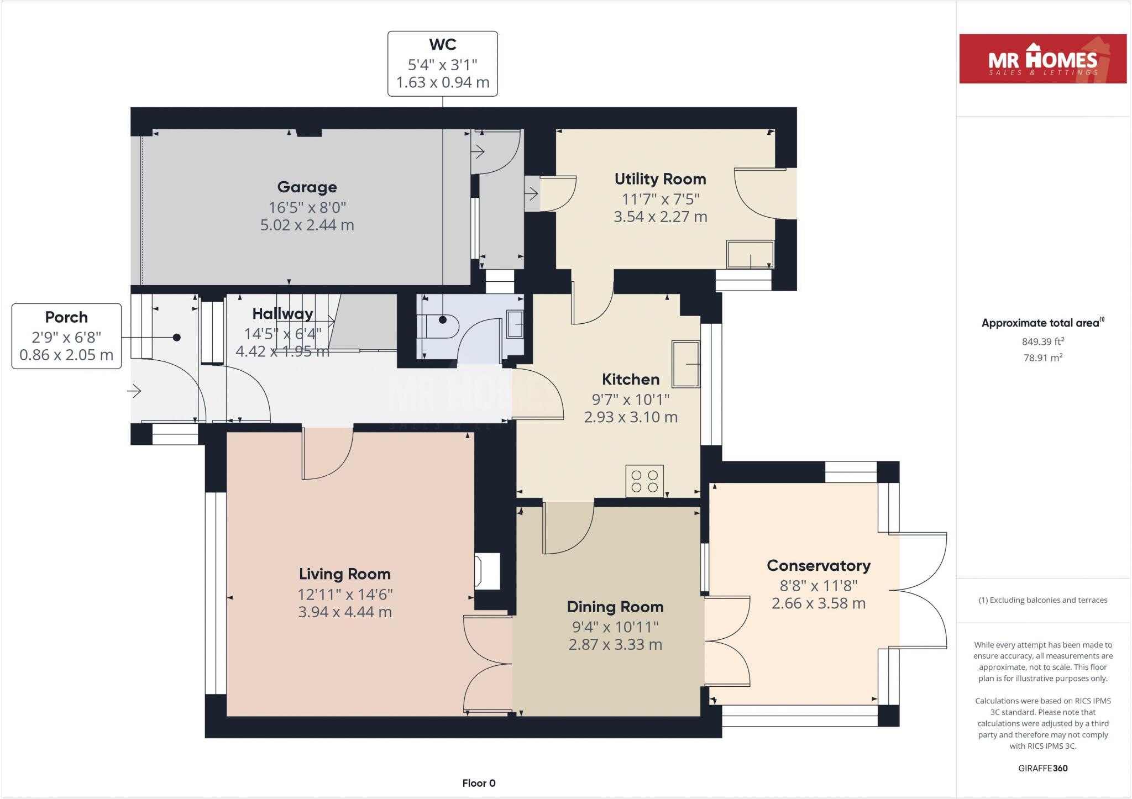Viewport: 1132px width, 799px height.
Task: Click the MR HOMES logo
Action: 1042,59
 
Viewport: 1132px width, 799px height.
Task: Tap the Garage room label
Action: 307,187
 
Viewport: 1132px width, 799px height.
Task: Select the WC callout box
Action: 442,64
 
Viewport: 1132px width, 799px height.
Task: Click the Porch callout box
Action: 66,336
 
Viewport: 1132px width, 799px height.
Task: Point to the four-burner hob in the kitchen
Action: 644,481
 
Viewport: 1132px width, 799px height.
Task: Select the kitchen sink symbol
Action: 685,364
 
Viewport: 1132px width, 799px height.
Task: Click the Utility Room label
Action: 660,179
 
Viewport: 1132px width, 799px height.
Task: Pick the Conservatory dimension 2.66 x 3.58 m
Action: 818,603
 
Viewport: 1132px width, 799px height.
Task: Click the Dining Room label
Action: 615,607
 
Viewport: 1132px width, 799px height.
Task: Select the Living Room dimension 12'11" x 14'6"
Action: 345,595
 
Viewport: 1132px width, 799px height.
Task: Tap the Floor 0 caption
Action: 479,783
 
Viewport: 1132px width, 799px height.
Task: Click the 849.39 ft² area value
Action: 1042,341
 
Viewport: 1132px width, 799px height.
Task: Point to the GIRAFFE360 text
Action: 1042,768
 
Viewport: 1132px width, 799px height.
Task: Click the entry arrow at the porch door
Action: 134,392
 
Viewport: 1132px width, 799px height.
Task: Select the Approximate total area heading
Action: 1042,323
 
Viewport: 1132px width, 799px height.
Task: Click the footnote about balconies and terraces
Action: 1042,600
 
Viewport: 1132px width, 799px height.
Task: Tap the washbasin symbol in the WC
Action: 515,324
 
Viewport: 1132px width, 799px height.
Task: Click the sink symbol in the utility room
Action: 750,255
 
